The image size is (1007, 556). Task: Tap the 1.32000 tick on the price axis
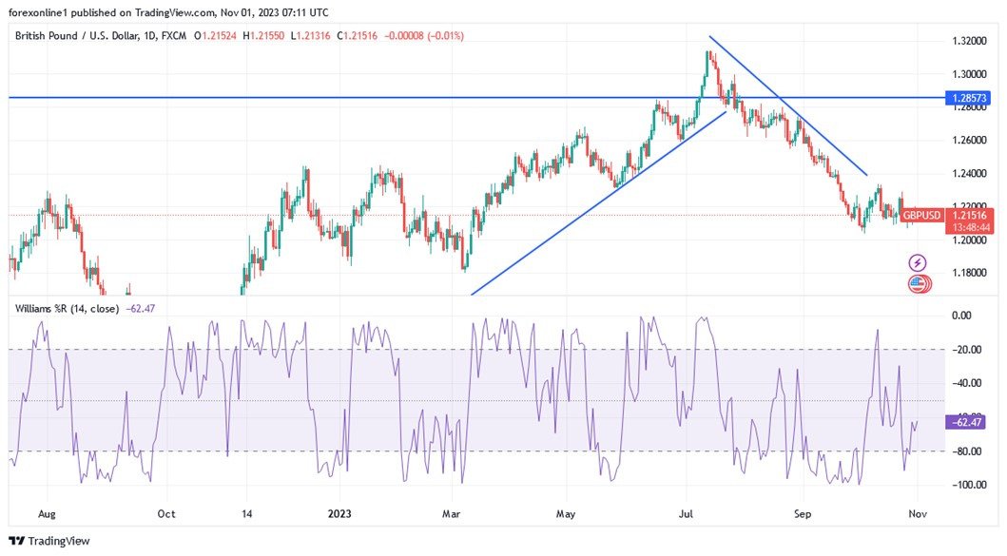[969, 41]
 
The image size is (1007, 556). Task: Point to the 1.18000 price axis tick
[969, 273]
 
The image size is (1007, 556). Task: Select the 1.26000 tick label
[969, 141]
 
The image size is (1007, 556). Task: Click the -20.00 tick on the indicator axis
[969, 350]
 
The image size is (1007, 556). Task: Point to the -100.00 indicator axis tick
[969, 485]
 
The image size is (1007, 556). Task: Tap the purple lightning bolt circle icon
[918, 262]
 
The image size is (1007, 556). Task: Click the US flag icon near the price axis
[919, 283]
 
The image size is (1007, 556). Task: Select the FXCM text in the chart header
[173, 35]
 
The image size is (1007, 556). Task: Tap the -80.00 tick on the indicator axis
[969, 451]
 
